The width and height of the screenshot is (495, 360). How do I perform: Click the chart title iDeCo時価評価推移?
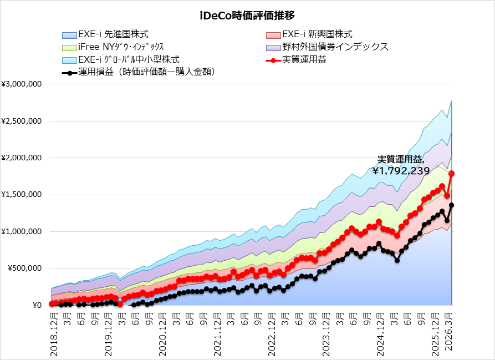(247, 16)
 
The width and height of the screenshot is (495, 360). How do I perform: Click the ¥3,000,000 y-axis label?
(23, 84)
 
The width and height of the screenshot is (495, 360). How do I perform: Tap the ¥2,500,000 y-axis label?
(23, 121)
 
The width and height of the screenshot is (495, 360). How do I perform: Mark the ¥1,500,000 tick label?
(23, 195)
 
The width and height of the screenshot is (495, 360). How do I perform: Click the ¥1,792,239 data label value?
(401, 171)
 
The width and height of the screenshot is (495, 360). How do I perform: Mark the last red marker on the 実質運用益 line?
(452, 174)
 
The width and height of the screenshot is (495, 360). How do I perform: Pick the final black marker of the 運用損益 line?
(452, 205)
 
